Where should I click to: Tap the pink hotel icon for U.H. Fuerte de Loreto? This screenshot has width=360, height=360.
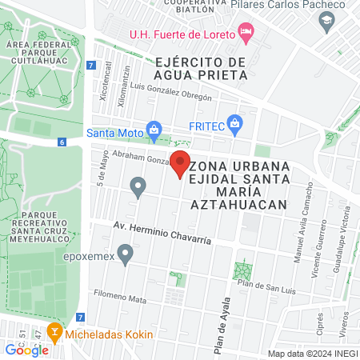point(246,34)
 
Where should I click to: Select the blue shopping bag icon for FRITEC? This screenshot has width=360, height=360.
point(234,124)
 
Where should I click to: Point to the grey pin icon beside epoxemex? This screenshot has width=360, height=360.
point(124,254)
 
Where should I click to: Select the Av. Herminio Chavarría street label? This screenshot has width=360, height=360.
point(162,233)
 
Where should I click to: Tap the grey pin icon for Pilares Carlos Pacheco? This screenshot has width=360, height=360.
point(325,24)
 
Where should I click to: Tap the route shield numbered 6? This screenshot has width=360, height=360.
point(62,142)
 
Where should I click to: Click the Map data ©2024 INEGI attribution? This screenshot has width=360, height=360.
point(311,353)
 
